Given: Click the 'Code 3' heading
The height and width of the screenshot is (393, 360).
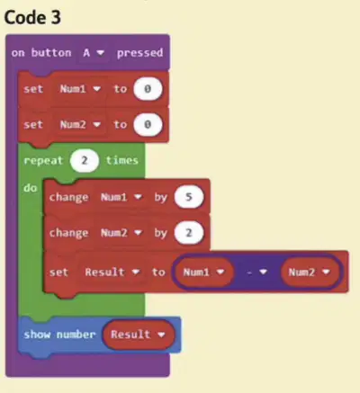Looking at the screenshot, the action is (x=32, y=17).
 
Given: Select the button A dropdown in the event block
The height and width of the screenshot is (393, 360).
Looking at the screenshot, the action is (x=94, y=53).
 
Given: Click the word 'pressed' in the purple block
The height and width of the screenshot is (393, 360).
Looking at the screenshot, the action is (x=139, y=53).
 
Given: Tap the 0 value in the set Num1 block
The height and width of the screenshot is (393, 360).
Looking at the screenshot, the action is (x=148, y=89).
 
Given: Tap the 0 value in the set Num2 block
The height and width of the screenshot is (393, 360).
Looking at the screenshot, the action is (x=148, y=124).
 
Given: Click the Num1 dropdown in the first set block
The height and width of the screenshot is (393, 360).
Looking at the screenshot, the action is (x=80, y=89).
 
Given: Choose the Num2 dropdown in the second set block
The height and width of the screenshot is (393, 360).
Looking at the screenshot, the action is (x=80, y=124).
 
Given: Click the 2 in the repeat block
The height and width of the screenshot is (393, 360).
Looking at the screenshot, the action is (x=85, y=160).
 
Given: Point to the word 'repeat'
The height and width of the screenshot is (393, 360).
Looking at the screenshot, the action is (x=43, y=161).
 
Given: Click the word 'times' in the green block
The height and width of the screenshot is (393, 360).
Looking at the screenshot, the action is (x=122, y=160).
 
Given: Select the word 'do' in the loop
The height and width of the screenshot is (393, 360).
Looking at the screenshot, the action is (x=31, y=188).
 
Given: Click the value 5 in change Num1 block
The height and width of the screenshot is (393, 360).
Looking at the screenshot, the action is (x=189, y=197).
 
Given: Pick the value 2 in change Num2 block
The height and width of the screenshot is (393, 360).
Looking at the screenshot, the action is (x=189, y=233).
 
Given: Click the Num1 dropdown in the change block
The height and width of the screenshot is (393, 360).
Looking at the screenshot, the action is (x=121, y=197).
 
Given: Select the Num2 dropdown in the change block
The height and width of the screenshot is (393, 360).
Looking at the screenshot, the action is (x=121, y=233).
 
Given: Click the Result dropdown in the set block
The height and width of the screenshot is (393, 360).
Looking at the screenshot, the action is (x=112, y=272).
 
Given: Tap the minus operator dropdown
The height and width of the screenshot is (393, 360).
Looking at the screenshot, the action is (x=256, y=272).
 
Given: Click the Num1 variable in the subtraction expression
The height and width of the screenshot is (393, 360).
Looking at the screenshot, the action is (x=203, y=272).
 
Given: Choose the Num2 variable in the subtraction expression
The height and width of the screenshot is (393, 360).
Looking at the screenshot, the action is (x=310, y=272).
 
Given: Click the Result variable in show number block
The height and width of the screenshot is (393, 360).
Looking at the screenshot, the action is (x=138, y=335).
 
